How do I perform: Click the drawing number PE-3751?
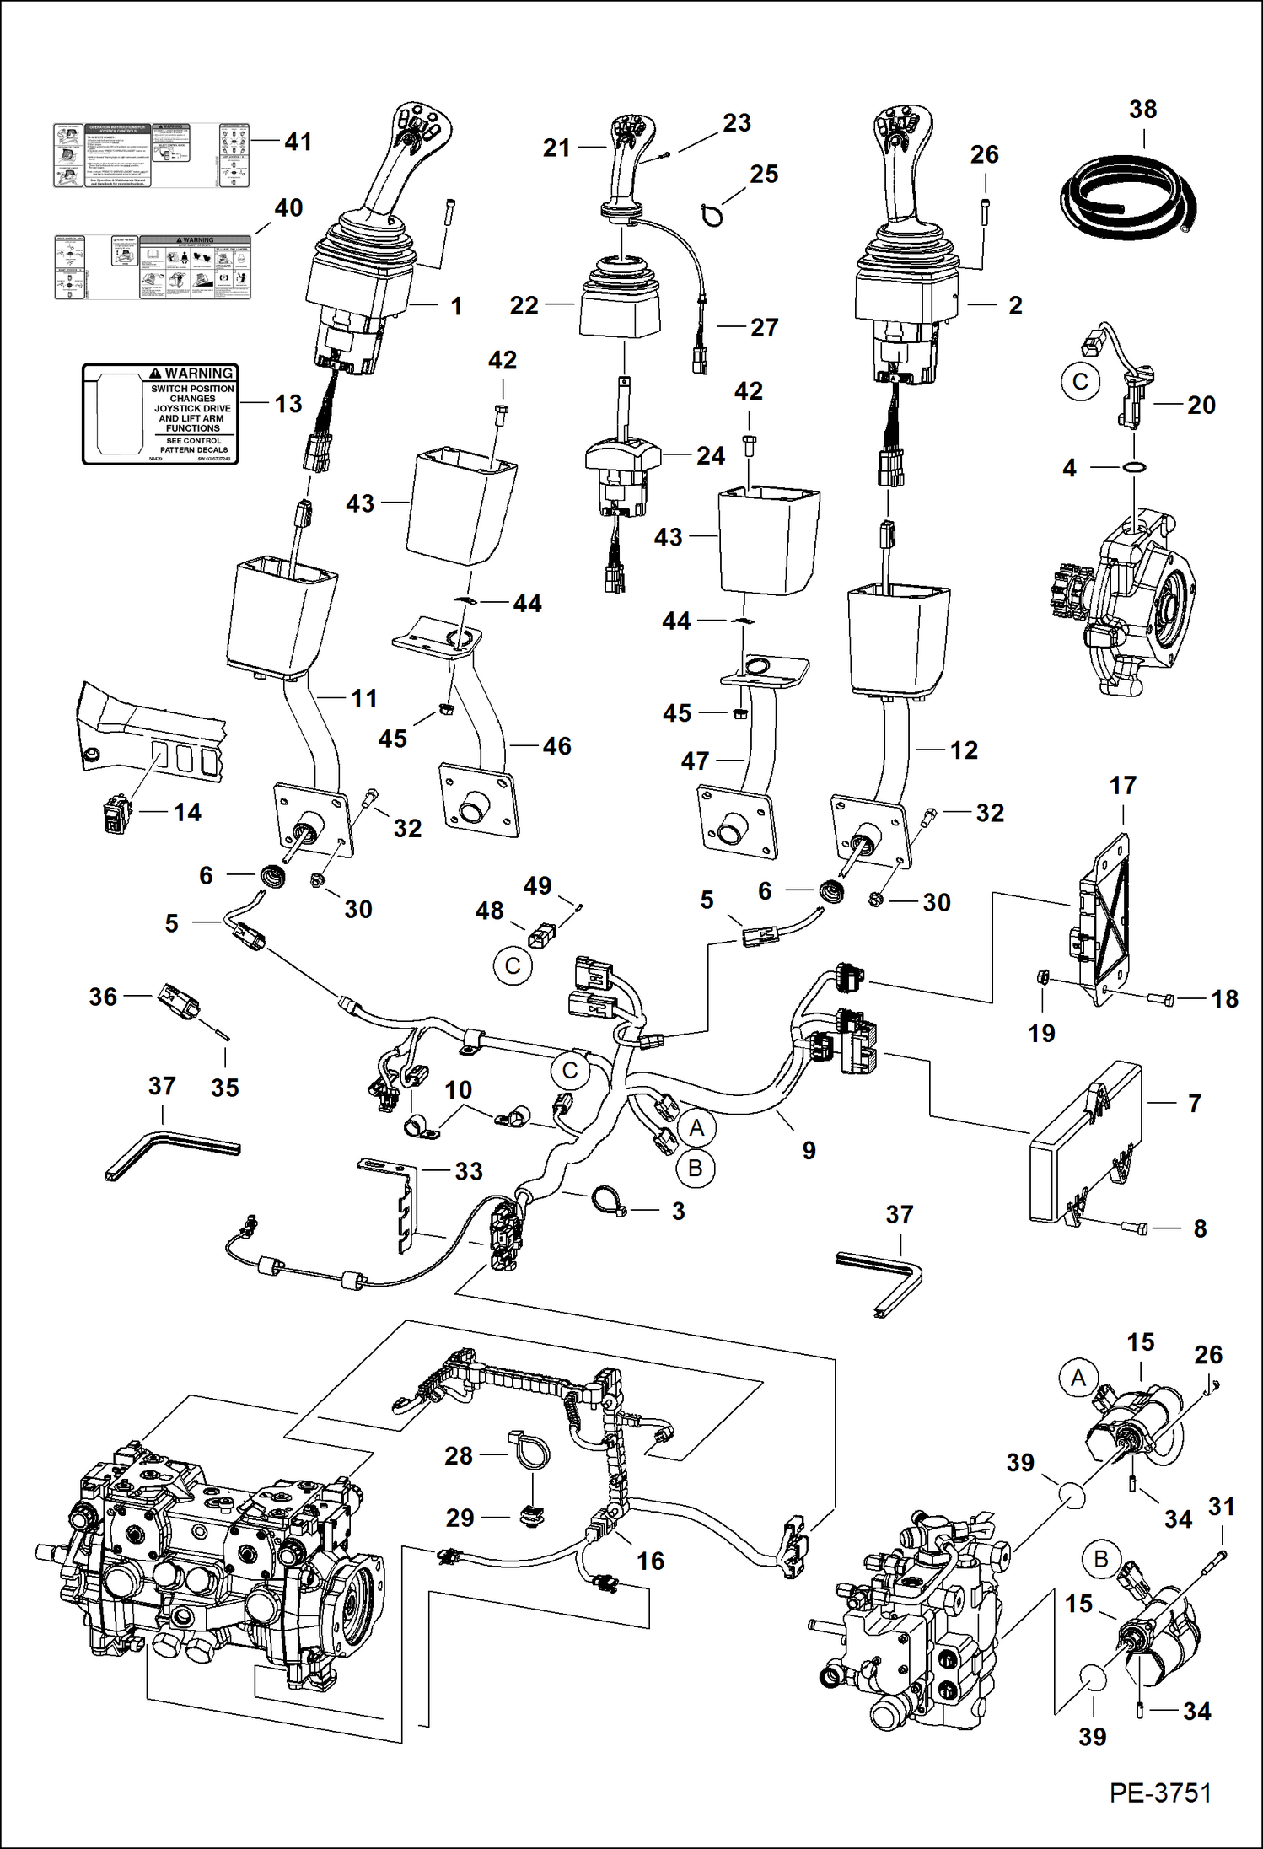[1160, 1793]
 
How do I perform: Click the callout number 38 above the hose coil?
[1142, 110]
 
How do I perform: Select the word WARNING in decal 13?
[198, 374]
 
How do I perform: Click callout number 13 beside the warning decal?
[288, 404]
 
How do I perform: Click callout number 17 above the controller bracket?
[1122, 786]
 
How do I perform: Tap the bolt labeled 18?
[1161, 1000]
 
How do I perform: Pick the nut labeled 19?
[1041, 978]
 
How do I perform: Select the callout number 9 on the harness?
[809, 1150]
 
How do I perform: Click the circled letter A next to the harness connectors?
[696, 1127]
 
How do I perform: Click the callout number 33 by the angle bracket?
[469, 1171]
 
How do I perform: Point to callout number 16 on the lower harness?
[650, 1561]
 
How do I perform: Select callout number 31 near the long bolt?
[1222, 1506]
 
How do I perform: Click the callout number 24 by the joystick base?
[710, 456]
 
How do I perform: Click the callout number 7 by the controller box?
[1194, 1103]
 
